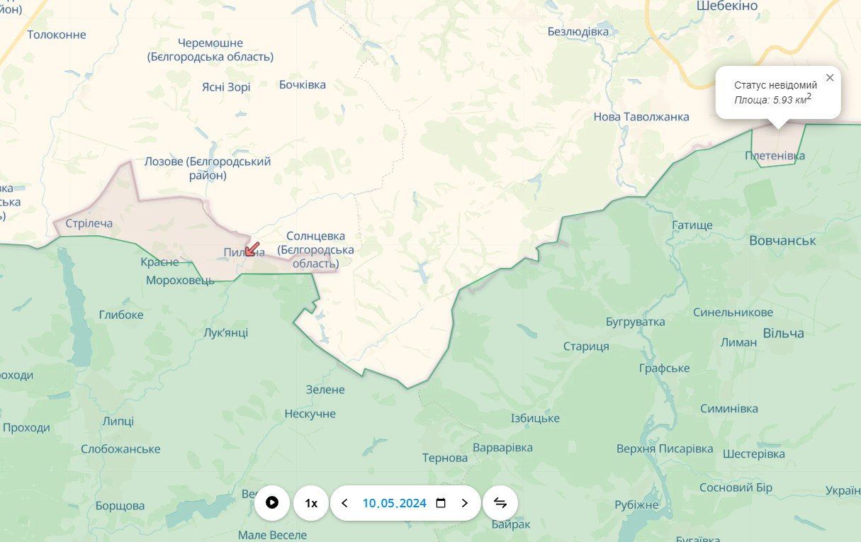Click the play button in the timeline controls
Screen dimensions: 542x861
(x=272, y=503)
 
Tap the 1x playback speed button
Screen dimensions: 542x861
(x=311, y=503)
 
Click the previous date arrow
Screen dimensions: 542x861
(x=345, y=503)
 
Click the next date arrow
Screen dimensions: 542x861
(x=465, y=503)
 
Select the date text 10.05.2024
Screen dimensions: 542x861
(x=394, y=503)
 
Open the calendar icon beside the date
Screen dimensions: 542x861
(x=441, y=503)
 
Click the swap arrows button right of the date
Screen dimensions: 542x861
(x=500, y=503)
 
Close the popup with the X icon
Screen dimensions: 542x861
(x=830, y=77)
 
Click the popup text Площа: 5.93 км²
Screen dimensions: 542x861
(x=772, y=100)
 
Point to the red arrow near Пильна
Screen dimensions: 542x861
(x=252, y=249)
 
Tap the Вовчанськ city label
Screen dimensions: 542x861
(x=782, y=240)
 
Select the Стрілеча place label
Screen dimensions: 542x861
(x=89, y=223)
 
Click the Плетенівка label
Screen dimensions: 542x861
(x=775, y=155)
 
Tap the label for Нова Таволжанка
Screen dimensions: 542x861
(x=641, y=117)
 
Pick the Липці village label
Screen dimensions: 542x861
(x=118, y=421)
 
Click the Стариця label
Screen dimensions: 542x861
(x=586, y=346)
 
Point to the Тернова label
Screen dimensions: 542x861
(x=445, y=458)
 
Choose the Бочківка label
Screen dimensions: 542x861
(x=303, y=84)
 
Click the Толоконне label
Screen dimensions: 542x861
(x=57, y=35)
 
